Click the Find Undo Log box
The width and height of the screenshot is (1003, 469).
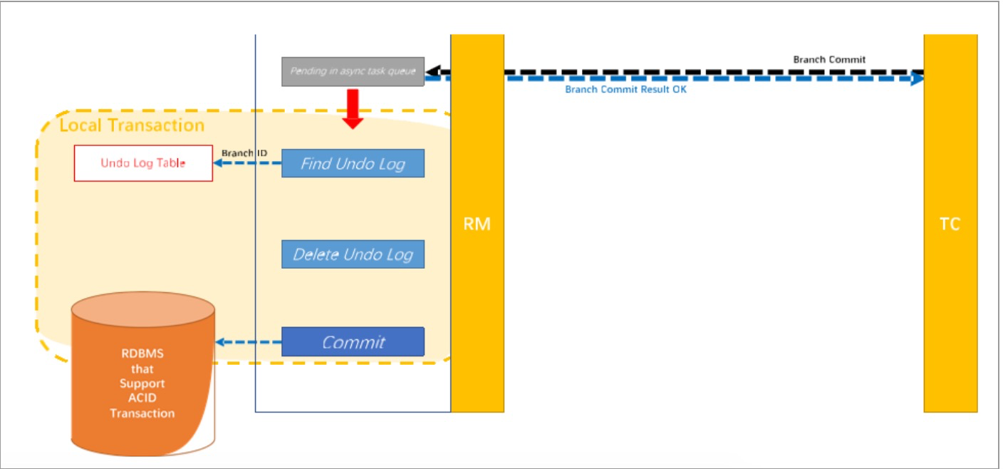(x=353, y=163)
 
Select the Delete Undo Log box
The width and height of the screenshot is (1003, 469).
(x=353, y=254)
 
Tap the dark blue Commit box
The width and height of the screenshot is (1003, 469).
(x=353, y=342)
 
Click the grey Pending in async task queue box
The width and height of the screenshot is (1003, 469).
(x=353, y=71)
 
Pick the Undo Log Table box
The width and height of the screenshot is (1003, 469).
(x=143, y=163)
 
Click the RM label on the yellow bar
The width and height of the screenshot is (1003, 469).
(x=477, y=224)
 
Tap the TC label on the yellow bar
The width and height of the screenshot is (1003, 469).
(x=950, y=224)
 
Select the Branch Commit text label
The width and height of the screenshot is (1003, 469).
(x=829, y=60)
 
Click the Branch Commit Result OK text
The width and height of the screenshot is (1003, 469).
(x=625, y=90)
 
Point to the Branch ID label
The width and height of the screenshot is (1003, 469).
(x=244, y=153)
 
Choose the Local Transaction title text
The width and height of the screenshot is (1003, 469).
(x=132, y=126)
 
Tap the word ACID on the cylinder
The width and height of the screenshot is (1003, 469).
(x=142, y=398)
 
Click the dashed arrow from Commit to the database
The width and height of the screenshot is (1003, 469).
(x=249, y=343)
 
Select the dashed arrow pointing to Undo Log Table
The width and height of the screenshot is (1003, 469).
(x=246, y=163)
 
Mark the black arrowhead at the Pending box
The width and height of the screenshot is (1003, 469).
(x=432, y=71)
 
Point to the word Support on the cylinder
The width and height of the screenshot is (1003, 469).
(x=142, y=383)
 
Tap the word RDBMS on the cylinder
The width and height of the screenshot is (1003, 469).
(x=142, y=354)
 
